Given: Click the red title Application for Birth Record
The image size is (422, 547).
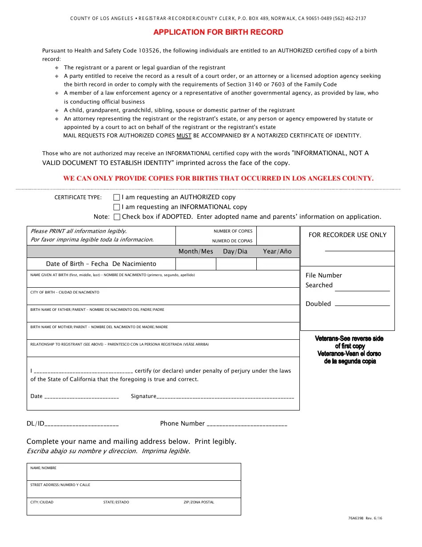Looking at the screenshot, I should pos(218,32).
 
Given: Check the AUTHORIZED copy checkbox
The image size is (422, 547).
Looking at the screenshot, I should pos(117,197).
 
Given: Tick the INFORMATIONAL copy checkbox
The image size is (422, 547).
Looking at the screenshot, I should pos(117,207).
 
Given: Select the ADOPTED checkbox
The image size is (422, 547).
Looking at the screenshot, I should pos(117,217).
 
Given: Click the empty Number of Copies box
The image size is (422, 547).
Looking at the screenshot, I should pos(278,236).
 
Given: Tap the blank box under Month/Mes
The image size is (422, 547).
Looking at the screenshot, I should pos(195,264).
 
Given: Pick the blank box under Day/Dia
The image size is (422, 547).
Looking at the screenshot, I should pos(236,264).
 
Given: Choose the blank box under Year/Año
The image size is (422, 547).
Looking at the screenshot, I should pos(278,264).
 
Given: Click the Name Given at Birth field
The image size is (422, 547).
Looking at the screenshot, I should pos(163,281).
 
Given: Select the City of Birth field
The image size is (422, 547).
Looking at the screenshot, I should pos(163,298).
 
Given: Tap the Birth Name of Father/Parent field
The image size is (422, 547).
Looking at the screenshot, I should pos(163,316).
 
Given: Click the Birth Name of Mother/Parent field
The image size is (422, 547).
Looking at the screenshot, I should pos(163,333).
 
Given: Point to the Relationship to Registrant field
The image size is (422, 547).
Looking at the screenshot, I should pos(163,350).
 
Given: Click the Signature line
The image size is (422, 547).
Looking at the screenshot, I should pos(225,396).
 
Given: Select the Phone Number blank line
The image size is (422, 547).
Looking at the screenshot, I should pos(247,424).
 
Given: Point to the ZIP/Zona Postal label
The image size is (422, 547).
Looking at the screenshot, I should pos(199,502).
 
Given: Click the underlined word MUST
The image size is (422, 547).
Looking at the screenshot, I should pos(184,136).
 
